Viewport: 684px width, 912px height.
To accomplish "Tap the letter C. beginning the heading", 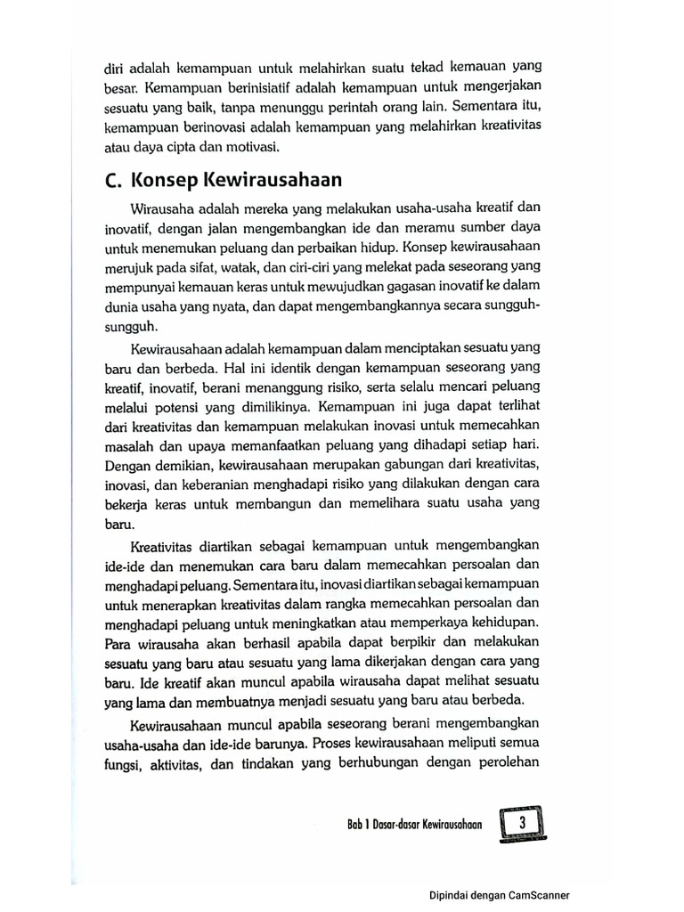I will [x=112, y=182].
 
